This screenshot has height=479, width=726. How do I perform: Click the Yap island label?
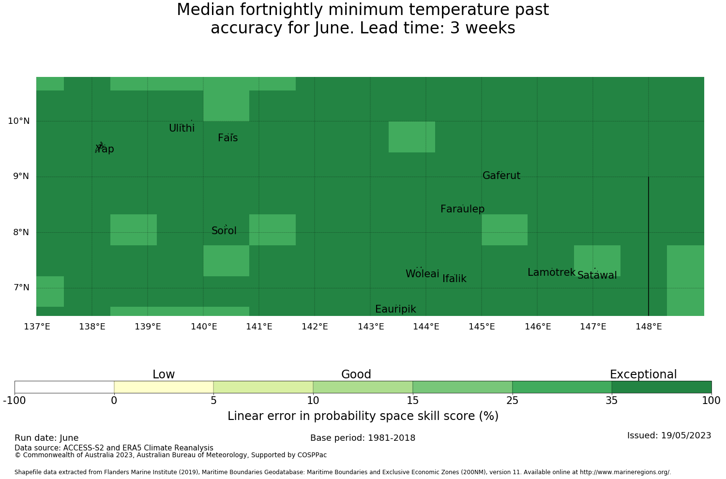tap(105, 149)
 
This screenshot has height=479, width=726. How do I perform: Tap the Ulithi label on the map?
tap(182, 128)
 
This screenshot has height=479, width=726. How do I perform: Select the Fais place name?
tap(228, 138)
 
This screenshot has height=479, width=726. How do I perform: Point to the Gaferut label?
tap(501, 175)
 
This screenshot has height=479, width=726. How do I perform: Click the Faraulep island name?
tap(463, 209)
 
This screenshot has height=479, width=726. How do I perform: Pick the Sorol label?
tap(224, 231)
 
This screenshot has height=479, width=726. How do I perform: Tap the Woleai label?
tap(423, 273)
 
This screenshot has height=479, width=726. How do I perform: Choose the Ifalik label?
tap(454, 278)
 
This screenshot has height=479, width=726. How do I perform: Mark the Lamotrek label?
tap(551, 272)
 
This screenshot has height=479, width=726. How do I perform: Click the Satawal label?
tap(597, 275)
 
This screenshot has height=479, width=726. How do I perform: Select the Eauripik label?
tap(395, 309)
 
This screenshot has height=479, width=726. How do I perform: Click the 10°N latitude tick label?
tap(19, 121)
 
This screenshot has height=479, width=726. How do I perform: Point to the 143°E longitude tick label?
tap(371, 327)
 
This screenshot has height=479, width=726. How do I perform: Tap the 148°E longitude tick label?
tap(649, 327)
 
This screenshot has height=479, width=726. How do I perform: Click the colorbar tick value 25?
tap(512, 401)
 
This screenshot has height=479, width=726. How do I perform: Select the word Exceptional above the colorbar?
tap(643, 374)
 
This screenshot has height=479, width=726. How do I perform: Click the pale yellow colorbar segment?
tap(164, 387)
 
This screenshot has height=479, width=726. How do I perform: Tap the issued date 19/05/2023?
tap(686, 435)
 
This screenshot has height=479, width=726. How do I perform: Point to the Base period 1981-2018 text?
tap(363, 438)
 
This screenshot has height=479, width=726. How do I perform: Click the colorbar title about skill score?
tap(363, 416)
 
